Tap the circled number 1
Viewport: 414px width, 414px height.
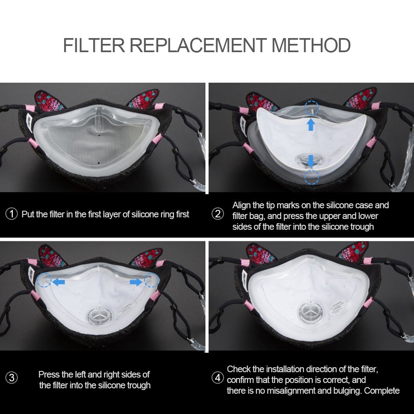tap(12, 214)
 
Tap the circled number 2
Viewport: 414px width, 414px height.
tap(217, 214)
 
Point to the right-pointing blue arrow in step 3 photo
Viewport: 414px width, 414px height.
tap(134, 282)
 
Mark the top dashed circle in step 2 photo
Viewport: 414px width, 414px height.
tap(311, 108)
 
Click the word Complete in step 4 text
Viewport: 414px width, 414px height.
tap(382, 390)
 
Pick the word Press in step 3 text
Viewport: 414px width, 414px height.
tap(49, 374)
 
